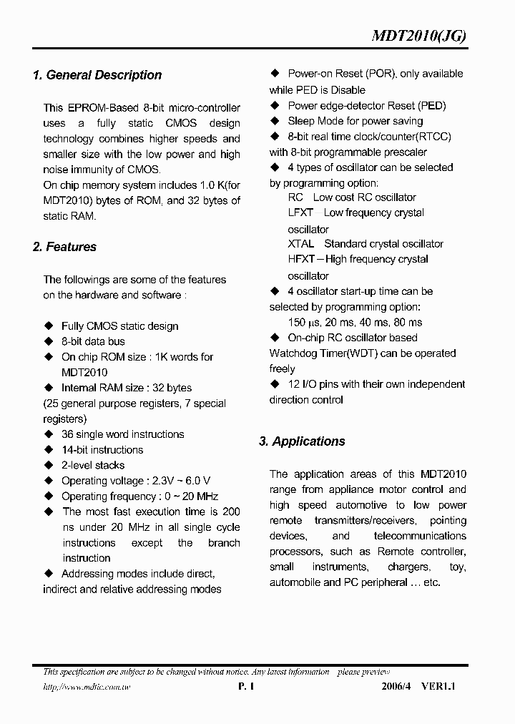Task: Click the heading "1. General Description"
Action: coord(97,75)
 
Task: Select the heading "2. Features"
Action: coord(64,247)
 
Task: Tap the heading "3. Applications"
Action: coord(302,441)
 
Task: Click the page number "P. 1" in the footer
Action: coord(245,687)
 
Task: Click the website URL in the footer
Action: coord(87,688)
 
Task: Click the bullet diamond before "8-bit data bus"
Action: coord(49,342)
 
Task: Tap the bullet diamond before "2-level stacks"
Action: coord(49,466)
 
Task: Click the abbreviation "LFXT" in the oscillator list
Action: coord(300,213)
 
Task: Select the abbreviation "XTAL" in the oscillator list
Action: coord(300,244)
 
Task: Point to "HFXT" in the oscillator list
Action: coord(301,260)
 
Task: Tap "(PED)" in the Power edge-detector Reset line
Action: coord(431,106)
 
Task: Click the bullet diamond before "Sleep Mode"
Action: coord(275,121)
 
